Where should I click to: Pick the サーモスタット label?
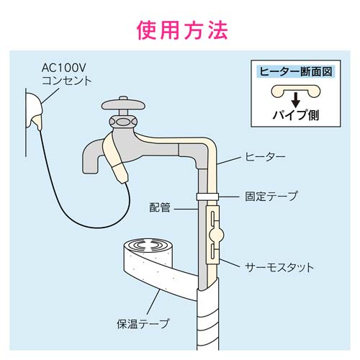point(278,268)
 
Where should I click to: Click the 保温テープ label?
point(144,324)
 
